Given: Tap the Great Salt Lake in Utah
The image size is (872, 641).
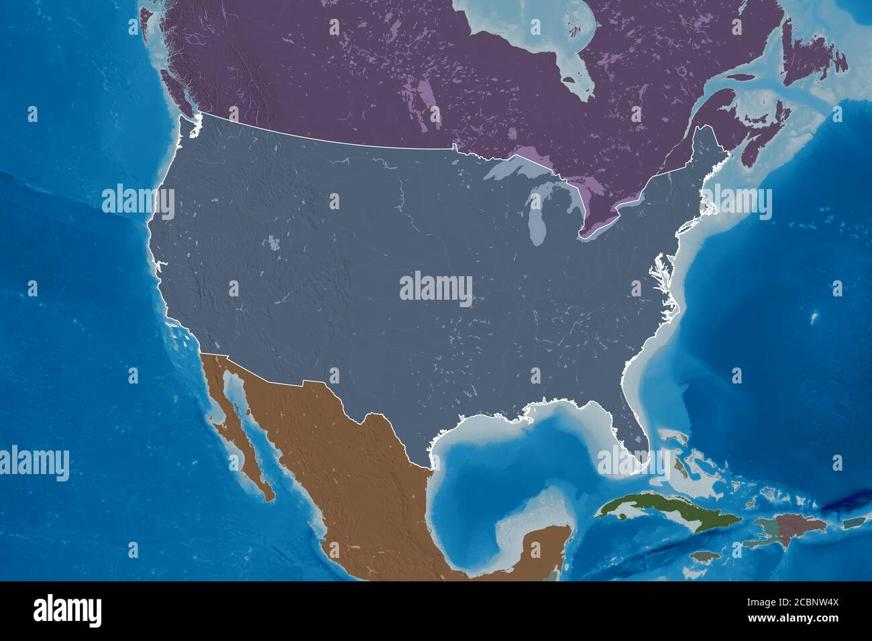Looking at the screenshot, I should (x=273, y=243).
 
